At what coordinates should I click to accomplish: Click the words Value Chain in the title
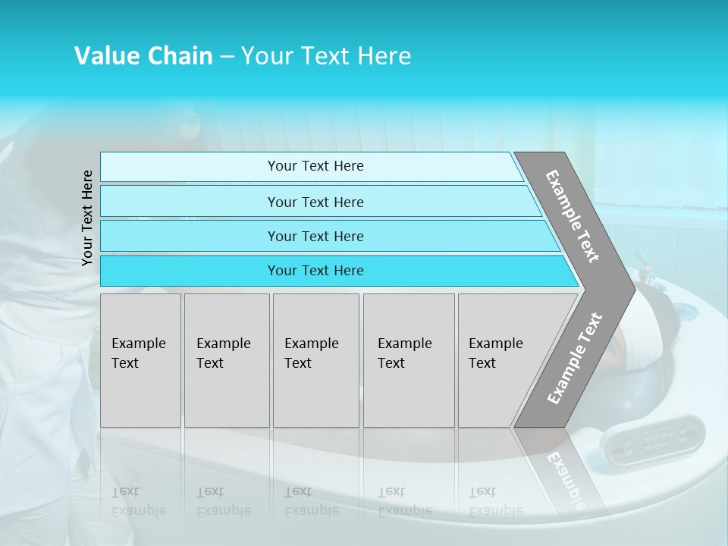coord(143,56)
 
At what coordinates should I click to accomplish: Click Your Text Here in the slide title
coord(326,56)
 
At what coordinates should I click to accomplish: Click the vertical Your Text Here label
coord(87,218)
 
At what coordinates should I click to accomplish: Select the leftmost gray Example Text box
coord(140,360)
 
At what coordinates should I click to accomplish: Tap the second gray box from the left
coord(226,360)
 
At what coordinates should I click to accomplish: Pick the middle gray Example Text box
coord(315,360)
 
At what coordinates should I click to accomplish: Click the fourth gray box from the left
coord(408,360)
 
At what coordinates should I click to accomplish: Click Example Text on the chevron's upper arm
coord(573,216)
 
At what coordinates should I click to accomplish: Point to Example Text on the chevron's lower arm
coord(575,359)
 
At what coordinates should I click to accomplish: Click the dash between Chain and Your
coord(226,57)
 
